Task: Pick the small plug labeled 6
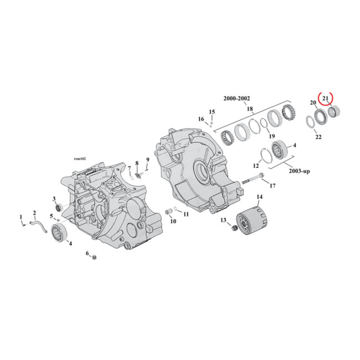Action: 94,257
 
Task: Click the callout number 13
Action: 222,220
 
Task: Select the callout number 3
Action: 54,198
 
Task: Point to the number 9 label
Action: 147,160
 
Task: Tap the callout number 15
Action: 212,112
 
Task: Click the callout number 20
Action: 313,103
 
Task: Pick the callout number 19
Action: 271,136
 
